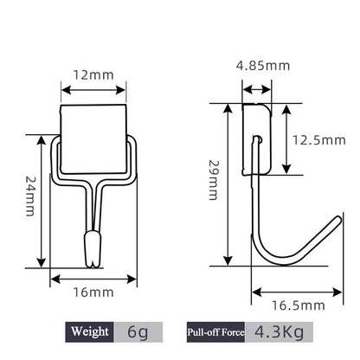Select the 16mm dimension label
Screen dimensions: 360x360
(93, 293)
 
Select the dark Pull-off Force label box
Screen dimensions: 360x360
(214, 331)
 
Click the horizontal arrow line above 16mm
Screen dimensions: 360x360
(93, 278)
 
